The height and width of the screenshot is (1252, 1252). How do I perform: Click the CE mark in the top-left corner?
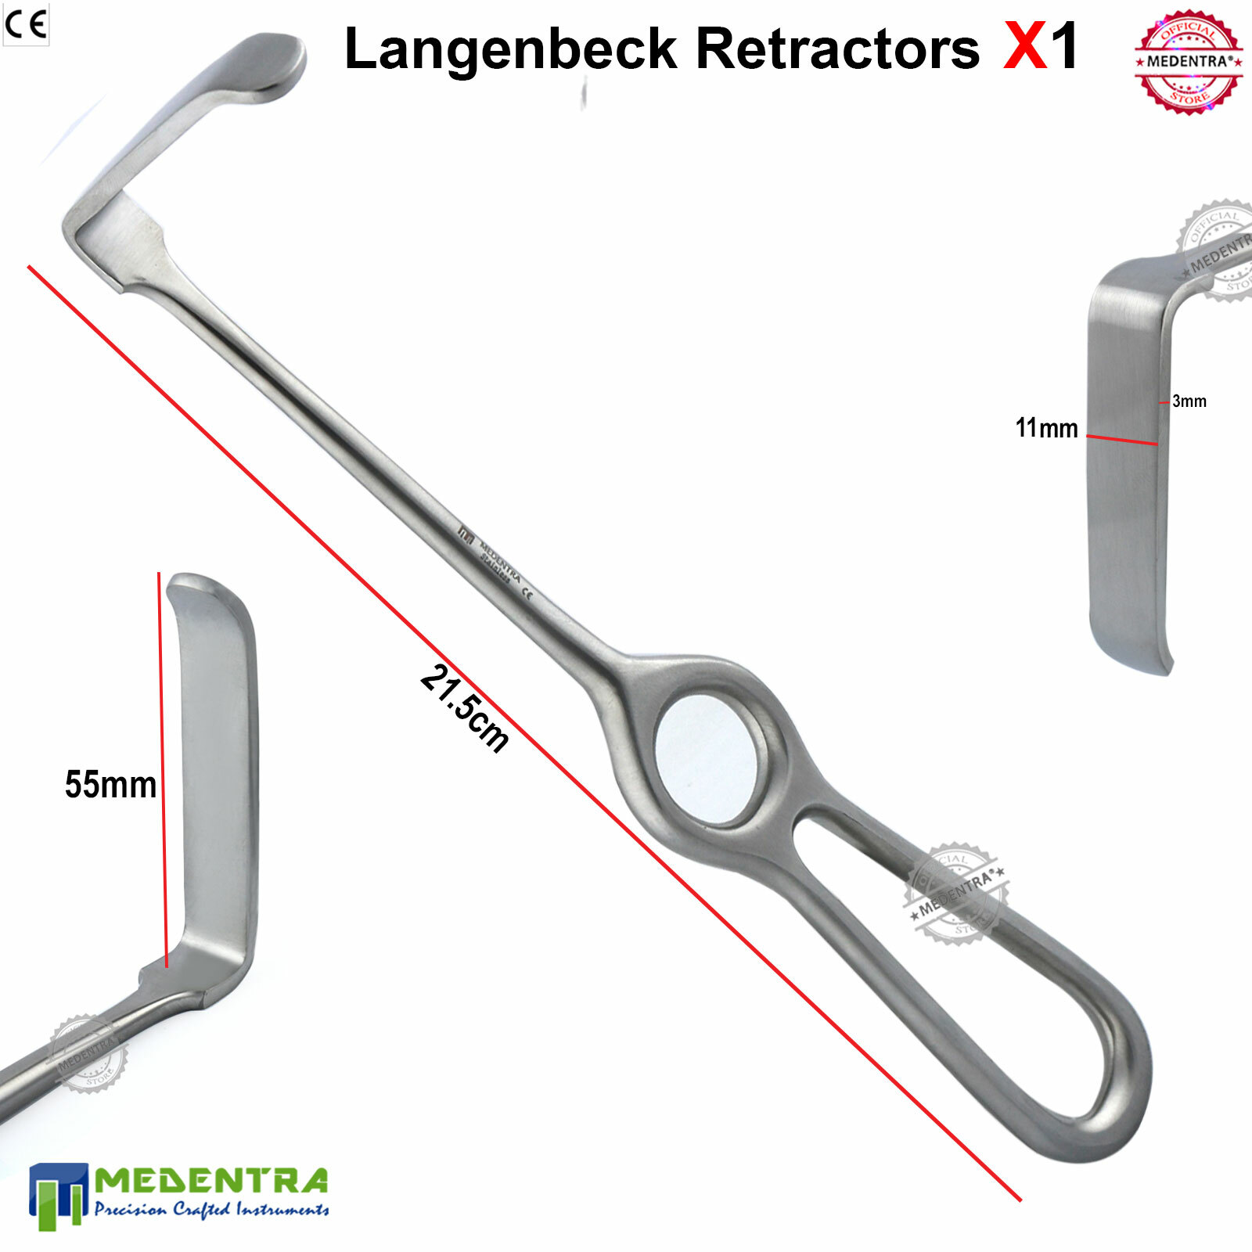(26, 25)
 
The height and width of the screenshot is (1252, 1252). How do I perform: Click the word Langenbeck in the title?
(510, 49)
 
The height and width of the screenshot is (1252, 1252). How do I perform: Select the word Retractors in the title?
(837, 49)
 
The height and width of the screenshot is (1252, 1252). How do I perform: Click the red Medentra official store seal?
(1189, 62)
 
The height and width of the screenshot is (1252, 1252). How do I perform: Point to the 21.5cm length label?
(465, 708)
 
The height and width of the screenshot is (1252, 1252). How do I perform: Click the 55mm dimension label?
(110, 785)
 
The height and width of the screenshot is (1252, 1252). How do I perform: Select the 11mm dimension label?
(1046, 428)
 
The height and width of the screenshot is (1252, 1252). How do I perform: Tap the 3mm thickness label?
(1189, 401)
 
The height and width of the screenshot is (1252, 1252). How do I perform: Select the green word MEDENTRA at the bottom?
(211, 1181)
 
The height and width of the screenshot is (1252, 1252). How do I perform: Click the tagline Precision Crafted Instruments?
(211, 1210)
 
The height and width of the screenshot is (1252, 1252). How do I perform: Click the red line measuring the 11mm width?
(1122, 440)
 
